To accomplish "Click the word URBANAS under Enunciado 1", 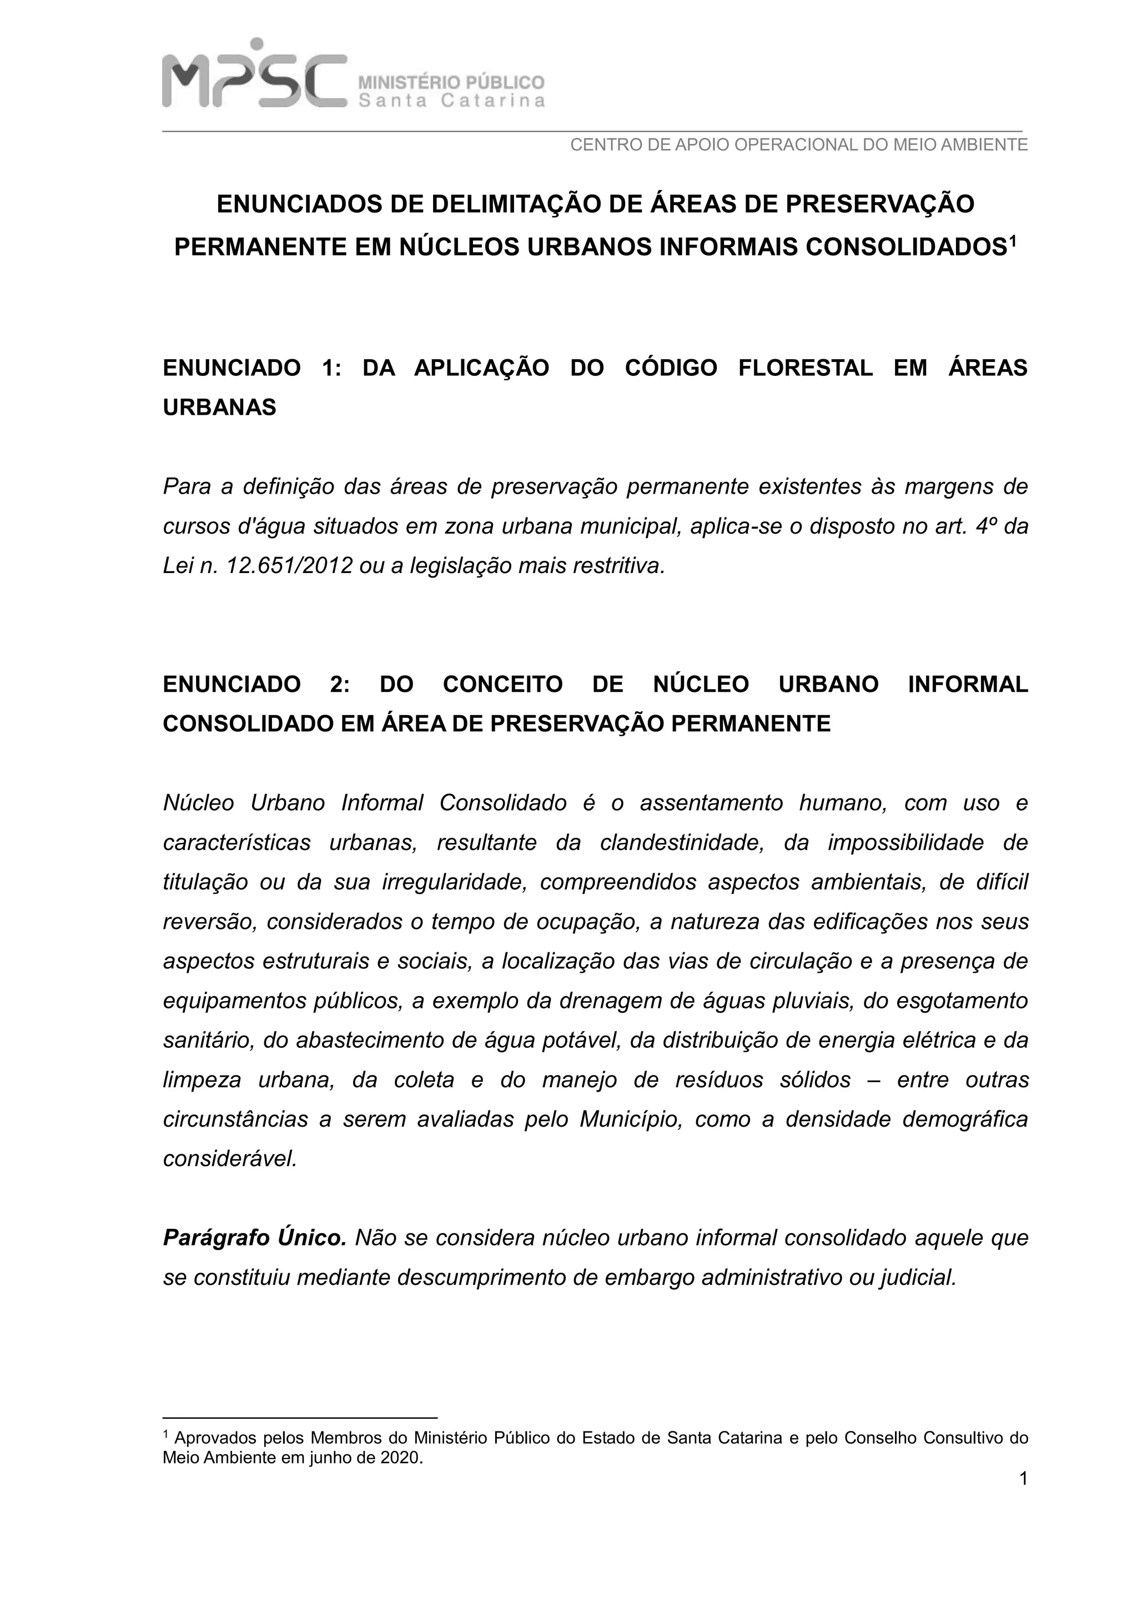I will [219, 407].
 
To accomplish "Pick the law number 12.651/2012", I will [289, 565].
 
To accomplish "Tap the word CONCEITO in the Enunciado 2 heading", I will [502, 684].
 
